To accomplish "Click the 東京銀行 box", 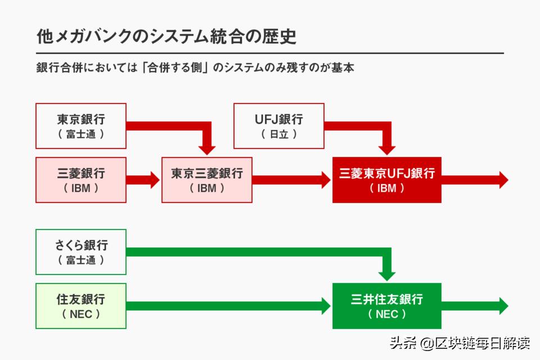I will pyautogui.click(x=80, y=126).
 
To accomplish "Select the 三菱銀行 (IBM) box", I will pyautogui.click(x=80, y=180).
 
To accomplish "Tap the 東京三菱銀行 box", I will pyautogui.click(x=207, y=180).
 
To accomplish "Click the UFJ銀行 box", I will pyautogui.click(x=278, y=126).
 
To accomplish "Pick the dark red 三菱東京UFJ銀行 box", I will pyautogui.click(x=387, y=180).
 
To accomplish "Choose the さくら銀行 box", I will pyautogui.click(x=80, y=252).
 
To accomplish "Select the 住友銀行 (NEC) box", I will pyautogui.click(x=80, y=306).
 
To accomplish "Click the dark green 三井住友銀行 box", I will pyautogui.click(x=387, y=306).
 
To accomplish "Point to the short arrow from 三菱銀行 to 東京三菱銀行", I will pyautogui.click(x=143, y=180).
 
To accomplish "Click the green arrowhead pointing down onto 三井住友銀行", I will pyautogui.click(x=387, y=274).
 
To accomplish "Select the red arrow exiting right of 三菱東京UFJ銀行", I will pyautogui.click(x=475, y=180).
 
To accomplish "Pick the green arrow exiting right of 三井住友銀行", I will pyautogui.click(x=475, y=306).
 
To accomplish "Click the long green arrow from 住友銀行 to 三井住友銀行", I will pyautogui.click(x=228, y=306).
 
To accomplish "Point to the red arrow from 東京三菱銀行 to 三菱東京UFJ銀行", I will pyautogui.click(x=291, y=180).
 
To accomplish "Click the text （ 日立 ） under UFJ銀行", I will pyautogui.click(x=278, y=134).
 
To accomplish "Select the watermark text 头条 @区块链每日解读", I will pyautogui.click(x=459, y=343).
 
